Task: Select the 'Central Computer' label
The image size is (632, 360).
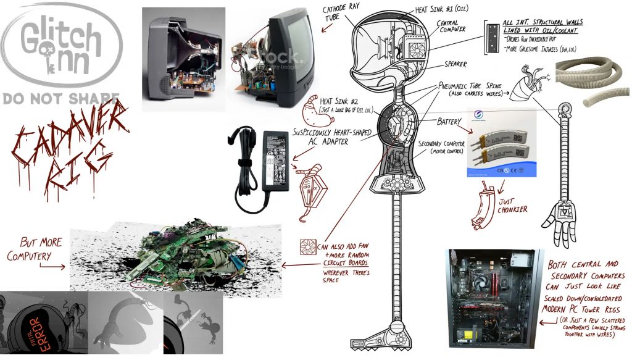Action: point(455,27)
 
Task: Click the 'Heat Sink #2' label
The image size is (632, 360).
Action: point(336,103)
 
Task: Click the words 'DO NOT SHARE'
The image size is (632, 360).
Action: point(60,98)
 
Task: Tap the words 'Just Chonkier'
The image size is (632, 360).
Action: point(513,205)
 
